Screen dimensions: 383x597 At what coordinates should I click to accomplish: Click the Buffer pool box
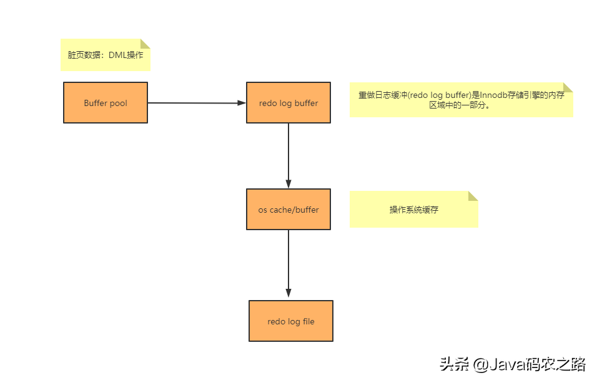point(106,103)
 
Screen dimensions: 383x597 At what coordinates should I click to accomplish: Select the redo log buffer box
point(289,103)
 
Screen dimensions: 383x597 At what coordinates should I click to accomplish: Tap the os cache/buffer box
point(289,210)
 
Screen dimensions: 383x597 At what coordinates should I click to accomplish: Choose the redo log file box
point(291,321)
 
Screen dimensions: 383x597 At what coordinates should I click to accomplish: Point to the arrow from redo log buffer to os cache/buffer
point(289,155)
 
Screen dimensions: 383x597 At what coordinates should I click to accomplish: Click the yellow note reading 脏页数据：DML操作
point(106,55)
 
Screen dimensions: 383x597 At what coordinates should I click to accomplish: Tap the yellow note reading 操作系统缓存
point(413,210)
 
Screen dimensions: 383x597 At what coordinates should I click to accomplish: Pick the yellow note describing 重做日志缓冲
point(461,100)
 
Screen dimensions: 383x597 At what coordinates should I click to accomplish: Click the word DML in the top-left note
point(117,55)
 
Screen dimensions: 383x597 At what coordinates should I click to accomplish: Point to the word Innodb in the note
point(493,95)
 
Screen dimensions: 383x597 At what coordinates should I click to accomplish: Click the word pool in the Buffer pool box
point(119,103)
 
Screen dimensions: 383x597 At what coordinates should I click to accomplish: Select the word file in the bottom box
point(308,322)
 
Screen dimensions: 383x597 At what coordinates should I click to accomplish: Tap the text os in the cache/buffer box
point(263,210)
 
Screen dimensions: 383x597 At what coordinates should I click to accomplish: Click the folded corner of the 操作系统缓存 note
point(473,196)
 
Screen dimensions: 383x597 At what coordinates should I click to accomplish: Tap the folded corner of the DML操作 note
point(146,44)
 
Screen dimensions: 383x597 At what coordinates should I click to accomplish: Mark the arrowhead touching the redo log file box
point(289,293)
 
